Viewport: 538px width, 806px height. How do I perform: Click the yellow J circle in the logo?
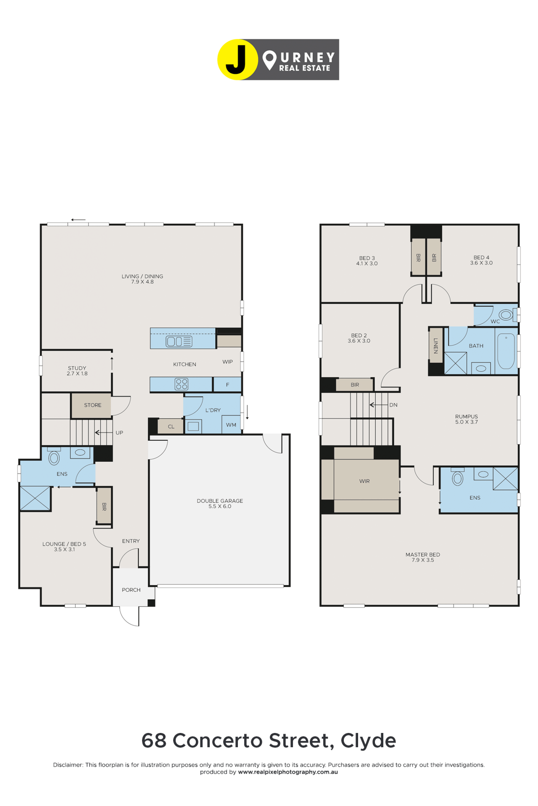click(x=237, y=60)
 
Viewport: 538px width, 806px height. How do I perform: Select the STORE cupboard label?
click(x=93, y=405)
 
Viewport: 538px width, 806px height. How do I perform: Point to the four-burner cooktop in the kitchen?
click(x=182, y=384)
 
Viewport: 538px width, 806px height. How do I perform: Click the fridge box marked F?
click(x=227, y=385)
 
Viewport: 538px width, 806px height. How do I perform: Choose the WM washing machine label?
click(x=231, y=425)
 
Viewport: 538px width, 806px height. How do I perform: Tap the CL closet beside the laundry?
click(x=171, y=426)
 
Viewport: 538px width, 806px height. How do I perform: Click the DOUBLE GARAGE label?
click(x=220, y=501)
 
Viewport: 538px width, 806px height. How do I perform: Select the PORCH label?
click(x=131, y=590)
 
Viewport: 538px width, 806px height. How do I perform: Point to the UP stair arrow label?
click(x=119, y=433)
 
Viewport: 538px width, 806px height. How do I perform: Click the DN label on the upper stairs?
click(x=393, y=405)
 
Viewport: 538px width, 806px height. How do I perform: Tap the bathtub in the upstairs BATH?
click(x=506, y=351)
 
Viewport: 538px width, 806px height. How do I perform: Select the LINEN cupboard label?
click(x=436, y=346)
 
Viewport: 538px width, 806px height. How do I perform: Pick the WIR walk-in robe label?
click(x=364, y=481)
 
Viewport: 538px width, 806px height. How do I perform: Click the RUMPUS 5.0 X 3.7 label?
click(x=466, y=419)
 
